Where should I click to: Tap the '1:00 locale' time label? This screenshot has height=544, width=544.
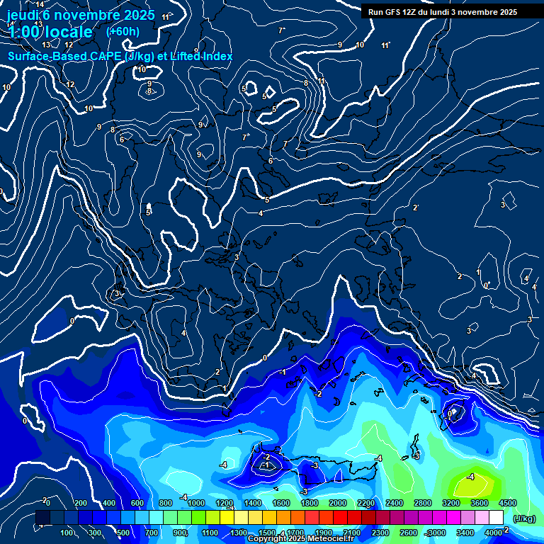(50, 32)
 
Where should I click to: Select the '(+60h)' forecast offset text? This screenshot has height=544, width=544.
(123, 31)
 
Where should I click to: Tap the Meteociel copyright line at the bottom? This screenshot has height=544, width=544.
(301, 539)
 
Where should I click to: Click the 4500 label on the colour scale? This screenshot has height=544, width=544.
(507, 503)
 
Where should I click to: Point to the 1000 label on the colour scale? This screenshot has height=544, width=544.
(195, 503)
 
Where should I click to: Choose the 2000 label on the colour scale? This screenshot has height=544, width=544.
(337, 503)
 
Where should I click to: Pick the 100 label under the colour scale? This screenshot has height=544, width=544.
(67, 533)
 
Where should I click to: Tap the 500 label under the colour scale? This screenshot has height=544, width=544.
(123, 533)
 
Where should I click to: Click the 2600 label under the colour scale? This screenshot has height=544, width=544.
(408, 533)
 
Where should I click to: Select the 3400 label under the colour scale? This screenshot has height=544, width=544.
(465, 533)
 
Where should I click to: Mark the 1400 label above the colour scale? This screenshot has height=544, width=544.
(252, 503)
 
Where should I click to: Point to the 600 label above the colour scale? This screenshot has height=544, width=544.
(137, 503)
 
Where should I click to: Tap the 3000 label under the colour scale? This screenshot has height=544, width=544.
(436, 533)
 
